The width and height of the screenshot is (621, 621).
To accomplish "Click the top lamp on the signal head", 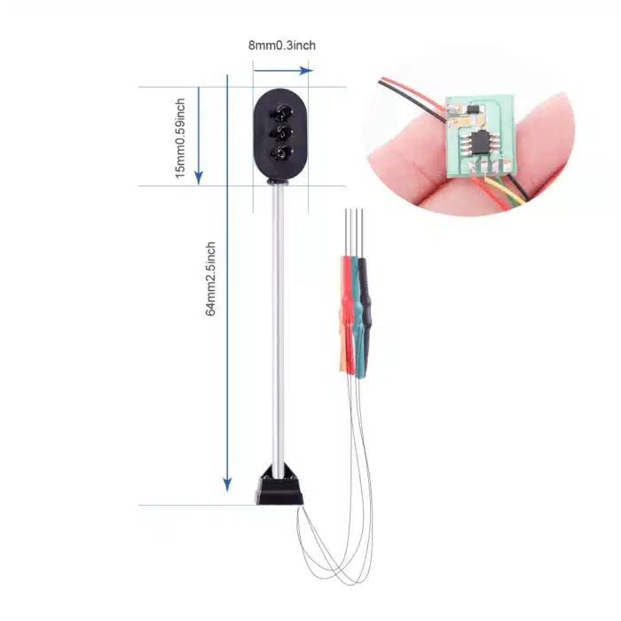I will point(282,113).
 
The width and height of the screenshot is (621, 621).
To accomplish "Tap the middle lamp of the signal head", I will point(282,133).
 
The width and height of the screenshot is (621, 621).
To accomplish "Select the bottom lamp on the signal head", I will point(282,153).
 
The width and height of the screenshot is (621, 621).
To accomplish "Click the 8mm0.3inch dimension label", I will point(282,45).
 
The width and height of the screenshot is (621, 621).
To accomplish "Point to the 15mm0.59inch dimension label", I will point(180,138).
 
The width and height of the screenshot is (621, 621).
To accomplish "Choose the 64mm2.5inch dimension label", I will point(211,279).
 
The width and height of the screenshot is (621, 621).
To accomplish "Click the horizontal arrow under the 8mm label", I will point(283,69).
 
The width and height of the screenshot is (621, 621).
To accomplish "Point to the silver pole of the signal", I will point(279,328).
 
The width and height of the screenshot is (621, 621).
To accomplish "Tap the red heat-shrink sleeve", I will point(345,310).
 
